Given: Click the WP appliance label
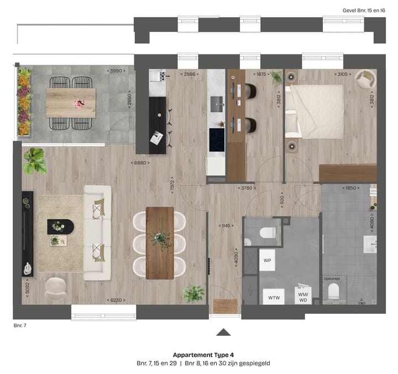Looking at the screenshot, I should (x=267, y=260).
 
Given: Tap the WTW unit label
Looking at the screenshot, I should (x=273, y=298).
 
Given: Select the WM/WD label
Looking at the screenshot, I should (x=303, y=298).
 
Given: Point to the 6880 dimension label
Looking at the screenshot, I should (x=139, y=163).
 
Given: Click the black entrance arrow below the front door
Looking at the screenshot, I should (x=223, y=331).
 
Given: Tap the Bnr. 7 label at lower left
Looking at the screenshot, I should (x=20, y=325).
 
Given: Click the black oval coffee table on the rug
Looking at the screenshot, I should (x=60, y=225).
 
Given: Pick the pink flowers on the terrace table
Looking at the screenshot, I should (x=78, y=103).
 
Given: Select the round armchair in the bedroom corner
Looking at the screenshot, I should (x=364, y=79).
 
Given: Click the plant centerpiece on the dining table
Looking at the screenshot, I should (x=160, y=238).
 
